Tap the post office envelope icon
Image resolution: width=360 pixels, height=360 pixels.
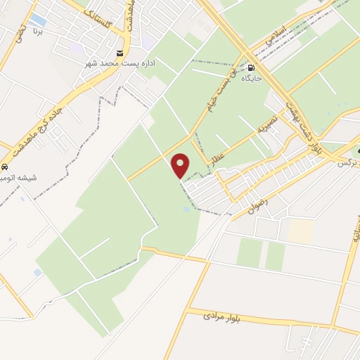[x=121, y=53]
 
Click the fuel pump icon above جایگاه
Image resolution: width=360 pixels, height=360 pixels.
[x=251, y=67]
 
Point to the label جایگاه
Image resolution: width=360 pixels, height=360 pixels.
[x=251, y=78]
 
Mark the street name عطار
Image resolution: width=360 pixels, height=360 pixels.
[x=216, y=160]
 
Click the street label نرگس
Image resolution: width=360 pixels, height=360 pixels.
[x=344, y=161]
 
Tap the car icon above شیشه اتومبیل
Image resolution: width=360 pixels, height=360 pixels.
[x=4, y=168]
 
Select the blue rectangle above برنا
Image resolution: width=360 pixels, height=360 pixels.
[x=38, y=20]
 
